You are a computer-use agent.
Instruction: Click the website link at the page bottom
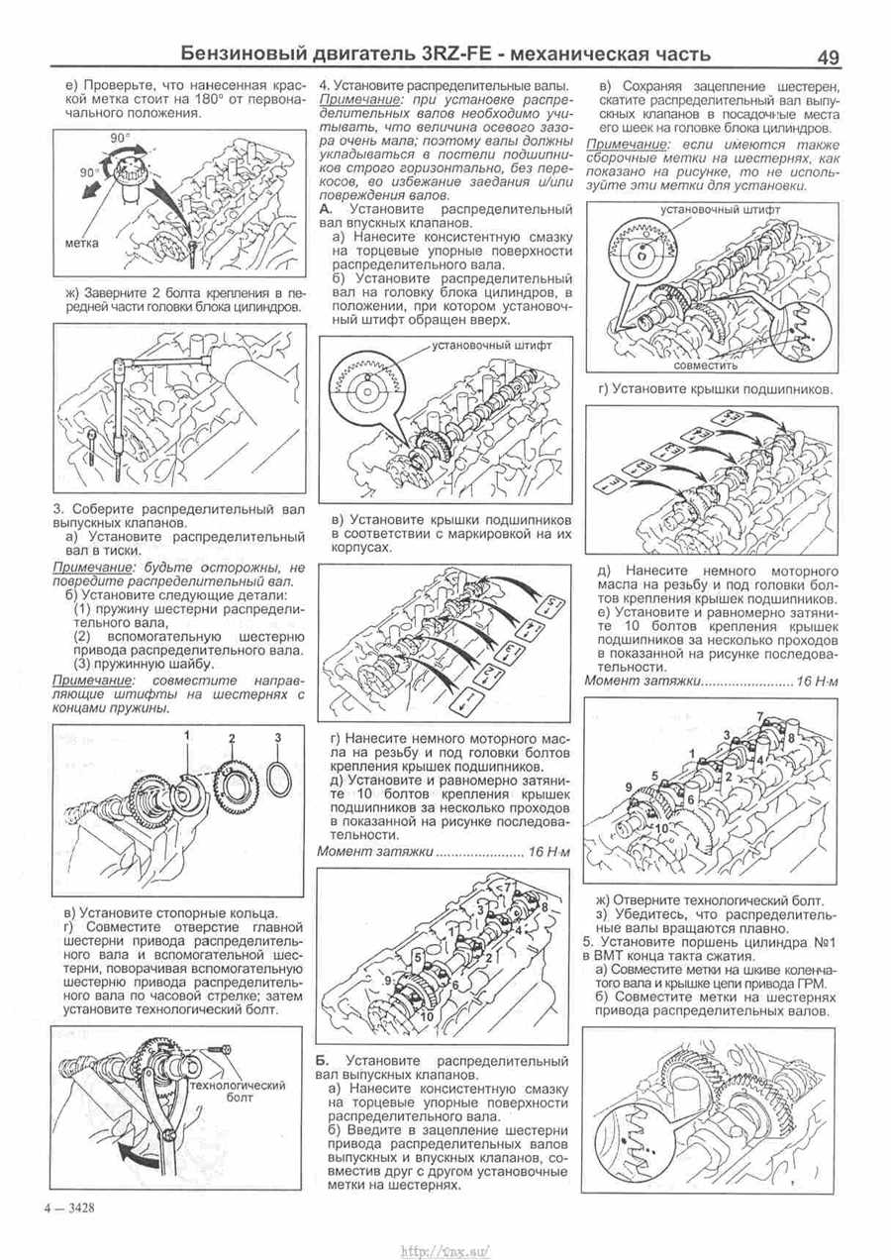pos(445,1243)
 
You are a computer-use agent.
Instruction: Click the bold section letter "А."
pos(327,210)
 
